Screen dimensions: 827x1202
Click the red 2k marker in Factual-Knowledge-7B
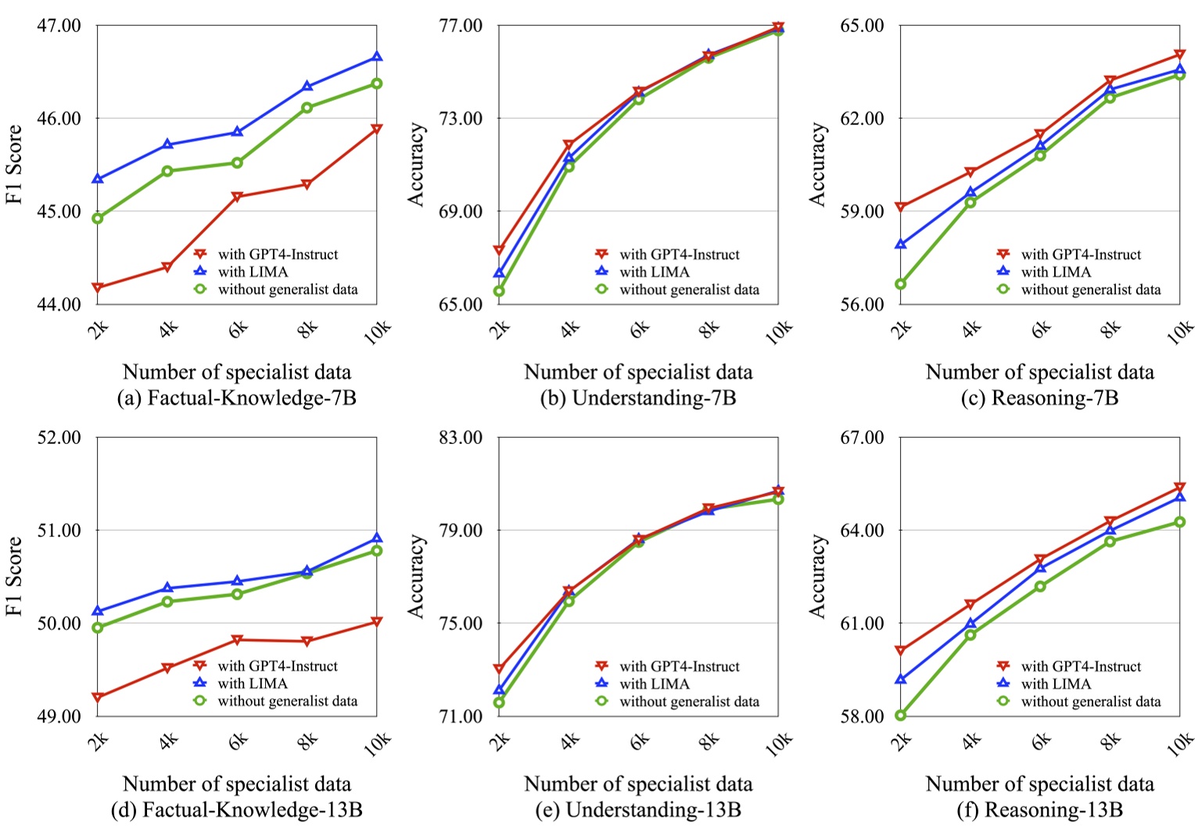(98, 288)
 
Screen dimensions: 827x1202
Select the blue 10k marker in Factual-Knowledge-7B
(377, 56)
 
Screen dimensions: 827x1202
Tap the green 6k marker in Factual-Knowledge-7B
(237, 163)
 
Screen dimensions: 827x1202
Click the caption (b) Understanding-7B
(637, 398)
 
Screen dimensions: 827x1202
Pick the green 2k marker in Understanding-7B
(499, 291)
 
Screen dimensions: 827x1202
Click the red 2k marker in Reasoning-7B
(901, 207)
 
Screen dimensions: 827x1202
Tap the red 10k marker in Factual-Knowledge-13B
(377, 621)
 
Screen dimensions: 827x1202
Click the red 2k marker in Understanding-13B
(499, 669)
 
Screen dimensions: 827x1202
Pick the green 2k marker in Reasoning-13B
(901, 715)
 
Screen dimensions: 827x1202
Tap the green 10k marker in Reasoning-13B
(1180, 521)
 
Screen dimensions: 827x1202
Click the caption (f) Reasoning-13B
(1039, 810)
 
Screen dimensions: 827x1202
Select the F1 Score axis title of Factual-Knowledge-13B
(14, 576)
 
